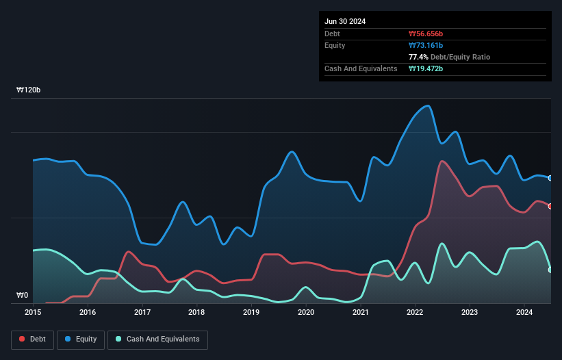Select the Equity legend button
coord(80,339)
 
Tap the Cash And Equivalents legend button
coord(157,339)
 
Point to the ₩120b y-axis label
coord(29,90)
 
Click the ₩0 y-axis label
coord(23,296)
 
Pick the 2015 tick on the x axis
coord(33,312)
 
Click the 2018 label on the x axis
coord(196,312)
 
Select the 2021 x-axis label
coord(360,312)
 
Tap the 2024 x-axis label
coord(524,312)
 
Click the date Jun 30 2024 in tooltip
coord(345,21)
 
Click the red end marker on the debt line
coord(550,206)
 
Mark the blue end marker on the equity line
coord(550,178)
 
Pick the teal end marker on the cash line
coord(550,270)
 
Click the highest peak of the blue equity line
coord(428,105)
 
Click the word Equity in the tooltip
coord(335,45)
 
